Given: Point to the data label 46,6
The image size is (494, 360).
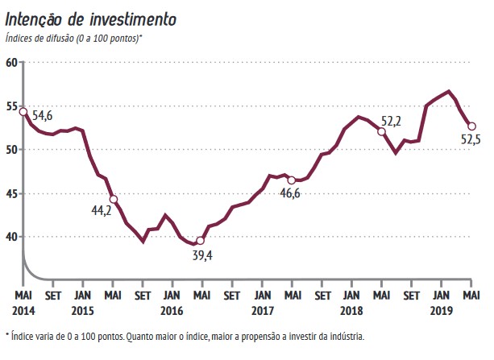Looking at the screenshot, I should click(x=290, y=193).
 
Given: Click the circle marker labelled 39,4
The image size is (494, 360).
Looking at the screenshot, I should click(x=201, y=241).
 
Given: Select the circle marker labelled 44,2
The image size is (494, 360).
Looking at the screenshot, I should click(x=114, y=199).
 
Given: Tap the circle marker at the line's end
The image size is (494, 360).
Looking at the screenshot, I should click(x=471, y=126).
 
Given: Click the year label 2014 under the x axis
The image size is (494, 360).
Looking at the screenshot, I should click(x=23, y=309).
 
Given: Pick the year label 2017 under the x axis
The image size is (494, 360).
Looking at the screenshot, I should click(x=263, y=309).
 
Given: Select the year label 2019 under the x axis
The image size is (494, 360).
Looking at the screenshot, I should click(x=442, y=309).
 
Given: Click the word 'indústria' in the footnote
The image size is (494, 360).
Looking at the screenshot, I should click(x=345, y=335).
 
